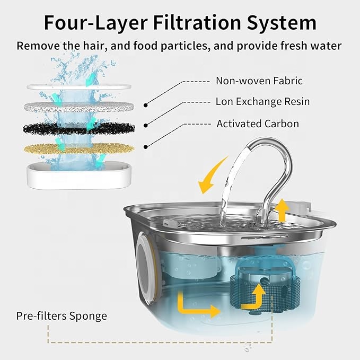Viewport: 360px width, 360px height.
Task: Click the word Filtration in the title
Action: pyautogui.click(x=198, y=22)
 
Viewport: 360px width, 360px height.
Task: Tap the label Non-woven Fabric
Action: pyautogui.click(x=259, y=81)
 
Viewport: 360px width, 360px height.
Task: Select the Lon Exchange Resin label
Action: pyautogui.click(x=262, y=101)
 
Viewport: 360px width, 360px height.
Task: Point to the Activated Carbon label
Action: pyautogui.click(x=258, y=124)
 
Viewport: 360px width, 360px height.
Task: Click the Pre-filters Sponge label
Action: pyautogui.click(x=62, y=316)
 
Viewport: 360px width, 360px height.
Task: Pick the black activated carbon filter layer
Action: pyautogui.click(x=79, y=128)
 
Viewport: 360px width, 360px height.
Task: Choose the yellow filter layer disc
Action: pyautogui.click(x=79, y=149)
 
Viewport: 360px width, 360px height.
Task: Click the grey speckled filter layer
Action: pyautogui.click(x=79, y=107)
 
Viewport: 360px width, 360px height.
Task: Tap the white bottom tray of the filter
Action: pyautogui.click(x=80, y=175)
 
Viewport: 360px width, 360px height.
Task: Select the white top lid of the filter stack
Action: pyautogui.click(x=79, y=87)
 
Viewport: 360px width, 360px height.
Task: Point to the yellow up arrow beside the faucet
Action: pyautogui.click(x=282, y=210)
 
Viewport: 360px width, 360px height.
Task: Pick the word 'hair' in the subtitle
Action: pyautogui.click(x=95, y=46)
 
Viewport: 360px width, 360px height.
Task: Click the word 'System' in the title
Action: pyautogui.click(x=282, y=23)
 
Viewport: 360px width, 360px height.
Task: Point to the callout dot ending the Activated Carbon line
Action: pyautogui.click(x=145, y=147)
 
